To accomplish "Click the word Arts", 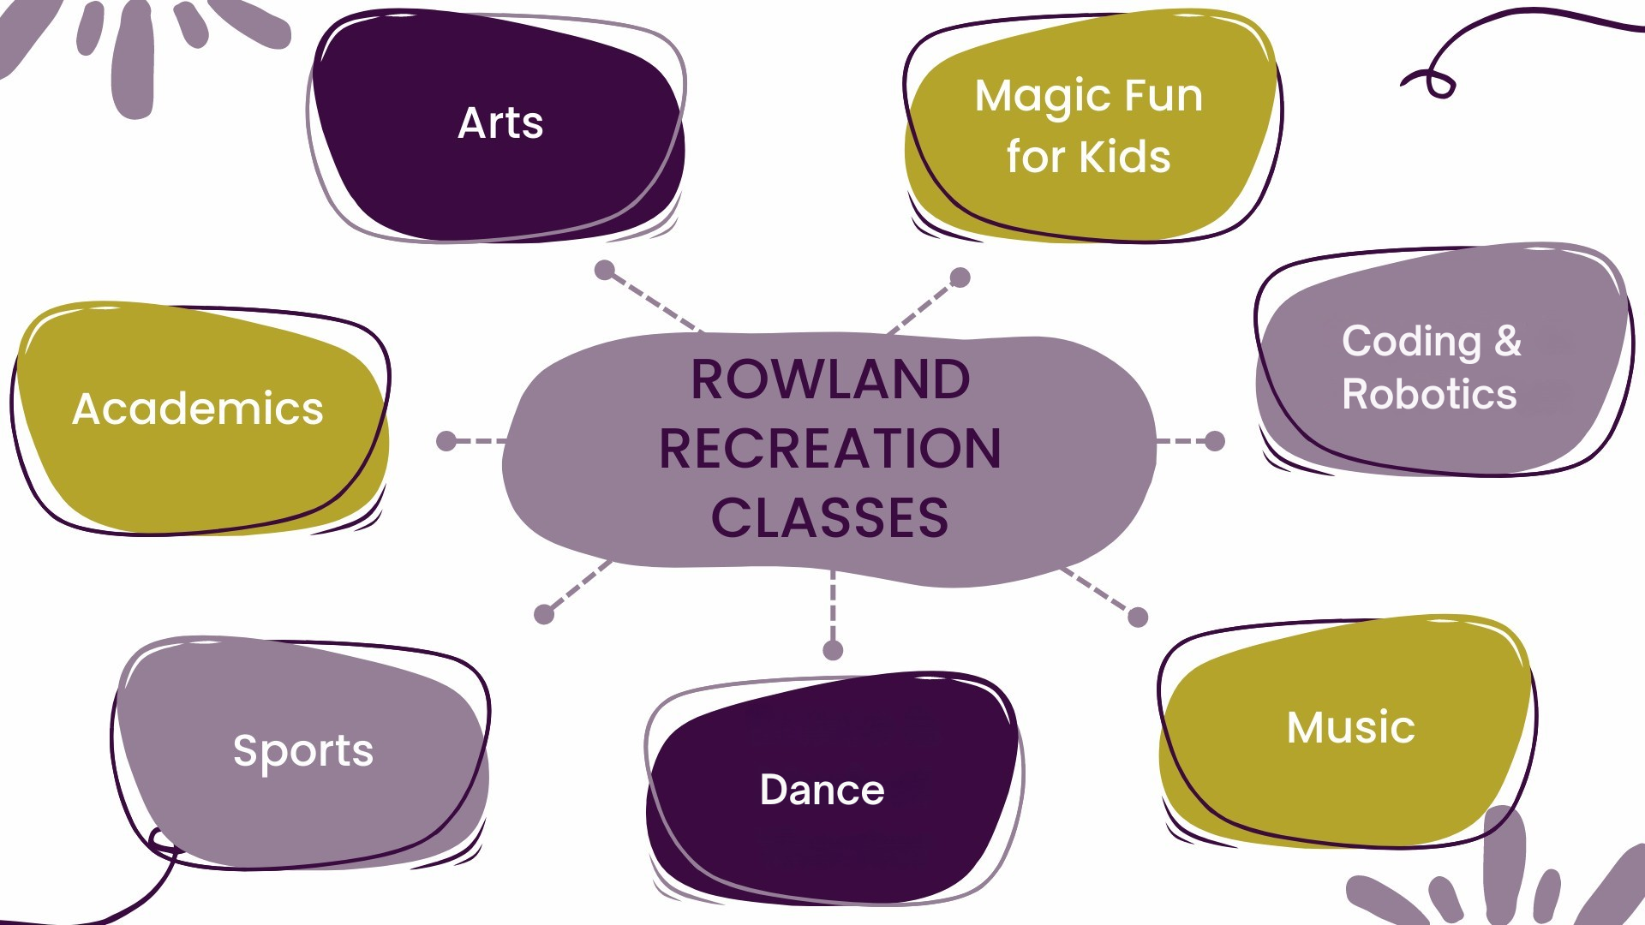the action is tap(500, 122).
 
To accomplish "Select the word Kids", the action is tap(1125, 157).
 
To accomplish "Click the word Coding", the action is tap(1411, 343).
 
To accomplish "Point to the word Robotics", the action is tap(1429, 394).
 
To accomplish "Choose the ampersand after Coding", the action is tap(1509, 340).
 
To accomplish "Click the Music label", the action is tap(1350, 727).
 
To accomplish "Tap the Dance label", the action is tap(822, 790).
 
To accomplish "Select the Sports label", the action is tap(303, 752).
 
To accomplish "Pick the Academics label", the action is tap(198, 409).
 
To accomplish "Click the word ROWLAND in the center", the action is tap(830, 379).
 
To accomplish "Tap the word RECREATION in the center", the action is tap(830, 448).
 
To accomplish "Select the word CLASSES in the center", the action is tap(830, 517).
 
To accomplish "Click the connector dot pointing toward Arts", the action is tap(605, 270).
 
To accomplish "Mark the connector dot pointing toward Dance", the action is tap(833, 650).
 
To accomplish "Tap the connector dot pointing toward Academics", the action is tap(446, 441).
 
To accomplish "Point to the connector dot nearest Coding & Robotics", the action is tap(1215, 441).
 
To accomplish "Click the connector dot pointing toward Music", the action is tap(1138, 617).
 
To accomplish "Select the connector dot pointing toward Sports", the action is tap(544, 614).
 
